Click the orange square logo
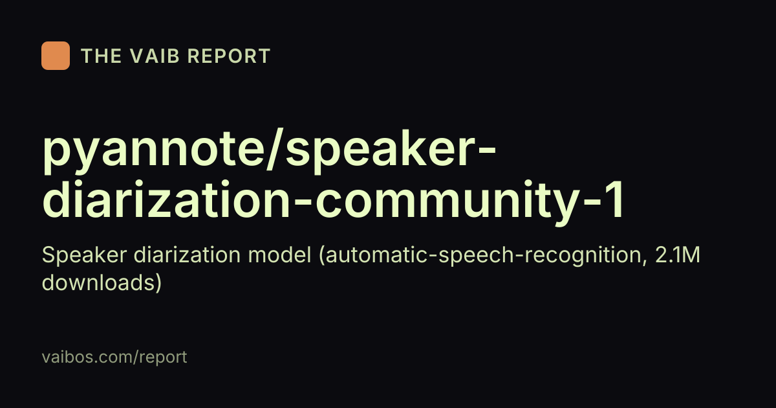point(56,56)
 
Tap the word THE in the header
point(101,56)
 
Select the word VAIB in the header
point(155,56)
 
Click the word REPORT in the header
point(229,56)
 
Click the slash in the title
point(275,150)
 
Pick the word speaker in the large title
point(380,151)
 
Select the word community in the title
point(447,202)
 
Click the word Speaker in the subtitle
point(84,255)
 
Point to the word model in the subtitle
point(279,255)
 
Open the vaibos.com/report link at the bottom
point(114,357)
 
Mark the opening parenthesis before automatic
point(322,256)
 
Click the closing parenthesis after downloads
point(158,284)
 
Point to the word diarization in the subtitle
point(187,255)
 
